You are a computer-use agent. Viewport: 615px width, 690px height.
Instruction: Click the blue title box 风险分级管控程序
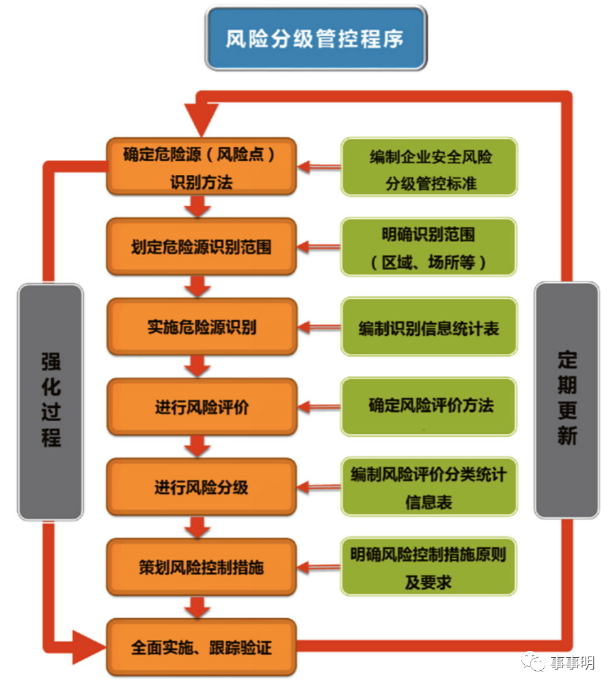pyautogui.click(x=316, y=38)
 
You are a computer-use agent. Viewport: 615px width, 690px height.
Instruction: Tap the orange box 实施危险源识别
pyautogui.click(x=202, y=327)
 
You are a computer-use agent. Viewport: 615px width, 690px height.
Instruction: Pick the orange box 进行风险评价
pyautogui.click(x=202, y=407)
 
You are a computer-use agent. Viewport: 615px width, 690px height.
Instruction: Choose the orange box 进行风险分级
pyautogui.click(x=202, y=487)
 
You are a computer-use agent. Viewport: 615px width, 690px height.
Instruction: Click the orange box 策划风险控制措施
pyautogui.click(x=202, y=567)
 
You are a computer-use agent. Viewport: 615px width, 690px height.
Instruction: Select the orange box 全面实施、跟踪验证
pyautogui.click(x=202, y=647)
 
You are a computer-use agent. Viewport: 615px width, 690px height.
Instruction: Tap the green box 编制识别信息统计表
pyautogui.click(x=429, y=327)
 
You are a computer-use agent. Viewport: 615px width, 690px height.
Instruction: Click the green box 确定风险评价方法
pyautogui.click(x=429, y=406)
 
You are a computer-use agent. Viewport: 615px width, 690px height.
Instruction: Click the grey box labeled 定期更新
pyautogui.click(x=566, y=400)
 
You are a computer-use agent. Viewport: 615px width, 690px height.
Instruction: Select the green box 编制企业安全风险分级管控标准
pyautogui.click(x=429, y=167)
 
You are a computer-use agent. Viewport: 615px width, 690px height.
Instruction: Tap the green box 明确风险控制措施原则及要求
pyautogui.click(x=429, y=567)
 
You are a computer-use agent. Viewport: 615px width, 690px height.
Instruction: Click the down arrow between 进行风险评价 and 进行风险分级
pyautogui.click(x=198, y=447)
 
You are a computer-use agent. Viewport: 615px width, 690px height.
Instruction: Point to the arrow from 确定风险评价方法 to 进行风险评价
pyautogui.click(x=319, y=407)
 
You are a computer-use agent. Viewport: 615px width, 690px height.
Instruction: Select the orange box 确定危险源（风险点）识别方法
pyautogui.click(x=202, y=167)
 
